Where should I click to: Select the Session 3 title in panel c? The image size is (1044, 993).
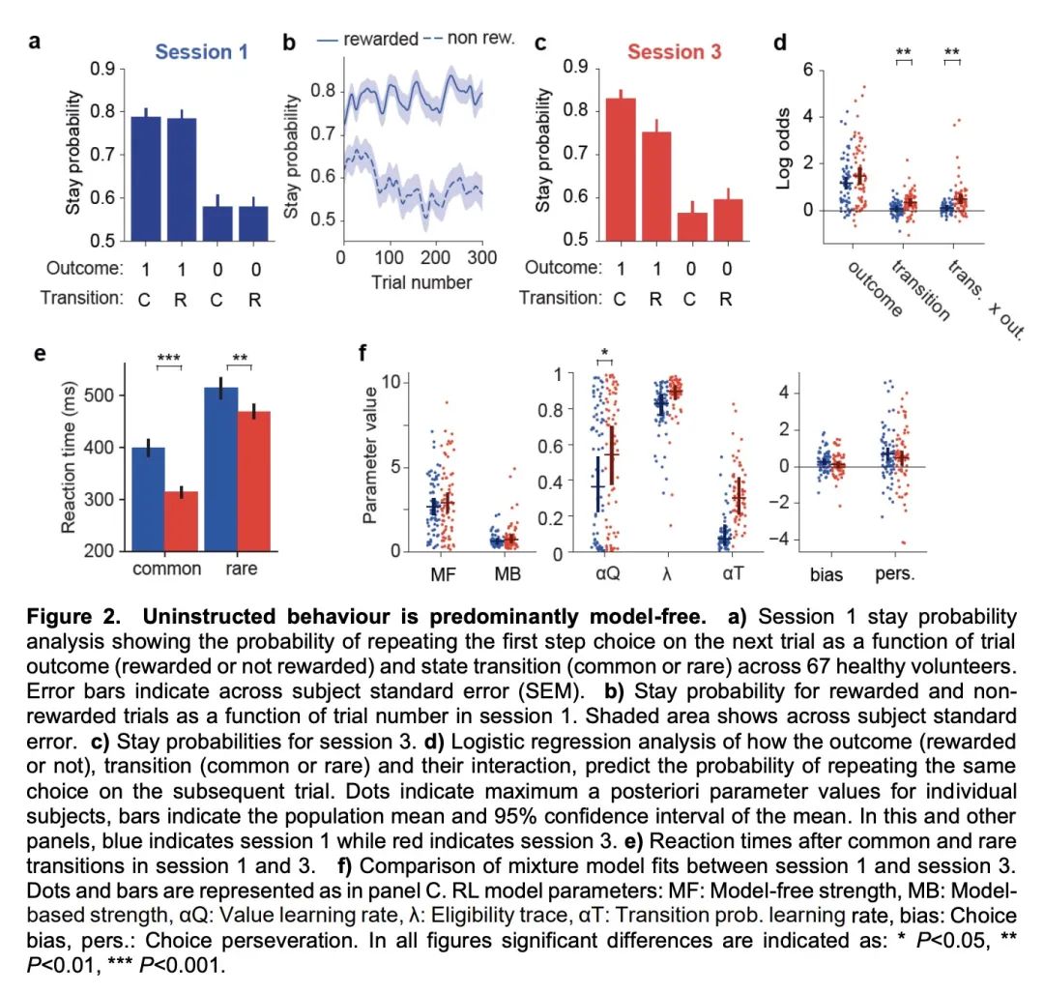[674, 51]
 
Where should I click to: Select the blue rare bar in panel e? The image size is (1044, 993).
[221, 468]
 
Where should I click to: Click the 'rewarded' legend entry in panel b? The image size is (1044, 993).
[369, 40]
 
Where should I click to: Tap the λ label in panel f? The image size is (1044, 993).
[664, 575]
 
